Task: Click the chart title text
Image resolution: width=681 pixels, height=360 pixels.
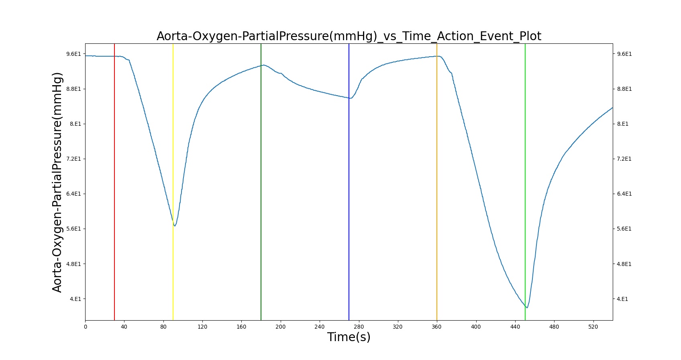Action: coord(349,36)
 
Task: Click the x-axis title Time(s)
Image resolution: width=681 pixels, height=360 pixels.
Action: coord(349,337)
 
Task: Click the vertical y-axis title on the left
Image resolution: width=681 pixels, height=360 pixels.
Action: coord(57,182)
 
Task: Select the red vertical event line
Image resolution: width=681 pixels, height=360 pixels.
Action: coord(114,182)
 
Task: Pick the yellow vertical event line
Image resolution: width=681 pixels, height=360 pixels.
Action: coord(173,182)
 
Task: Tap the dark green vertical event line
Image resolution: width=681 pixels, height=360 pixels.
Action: coord(261,182)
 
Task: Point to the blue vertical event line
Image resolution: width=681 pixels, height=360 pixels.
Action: coord(349,182)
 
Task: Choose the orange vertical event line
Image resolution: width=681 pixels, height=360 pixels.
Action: coord(437,182)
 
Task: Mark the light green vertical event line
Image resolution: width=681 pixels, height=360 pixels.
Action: coord(525,182)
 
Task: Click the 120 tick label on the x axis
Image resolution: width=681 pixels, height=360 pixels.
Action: coord(202,327)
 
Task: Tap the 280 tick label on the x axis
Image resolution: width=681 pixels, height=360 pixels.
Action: coord(359,327)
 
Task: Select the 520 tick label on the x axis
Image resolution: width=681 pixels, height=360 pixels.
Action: coord(593,327)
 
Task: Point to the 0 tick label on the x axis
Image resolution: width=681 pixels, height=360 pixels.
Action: coord(86,327)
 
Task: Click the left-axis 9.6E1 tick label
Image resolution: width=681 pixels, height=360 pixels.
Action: coord(74,54)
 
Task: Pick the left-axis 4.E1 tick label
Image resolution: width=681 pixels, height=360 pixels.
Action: coord(76,299)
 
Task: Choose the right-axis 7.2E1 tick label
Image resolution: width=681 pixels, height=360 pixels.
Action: coord(624,159)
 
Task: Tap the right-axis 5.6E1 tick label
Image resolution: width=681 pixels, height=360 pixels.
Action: coord(624,229)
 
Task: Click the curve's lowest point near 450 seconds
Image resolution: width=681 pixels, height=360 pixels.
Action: coord(527,308)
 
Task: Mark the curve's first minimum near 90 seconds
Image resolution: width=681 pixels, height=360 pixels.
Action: coord(175,226)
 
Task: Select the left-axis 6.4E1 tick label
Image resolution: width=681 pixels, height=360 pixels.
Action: coord(74,194)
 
